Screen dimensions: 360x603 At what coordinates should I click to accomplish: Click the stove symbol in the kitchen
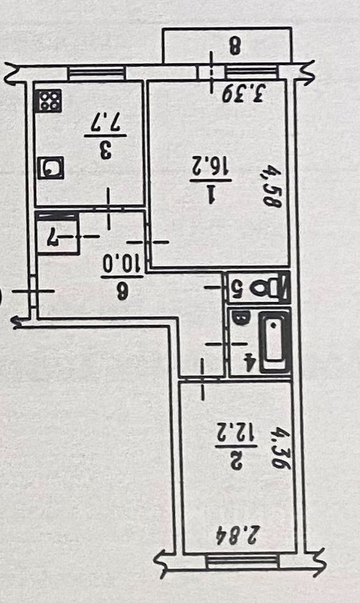click(x=48, y=101)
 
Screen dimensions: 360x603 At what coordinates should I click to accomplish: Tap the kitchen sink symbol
click(x=51, y=168)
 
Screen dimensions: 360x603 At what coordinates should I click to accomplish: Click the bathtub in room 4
click(x=274, y=343)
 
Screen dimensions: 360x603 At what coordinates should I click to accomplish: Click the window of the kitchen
click(x=97, y=73)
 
